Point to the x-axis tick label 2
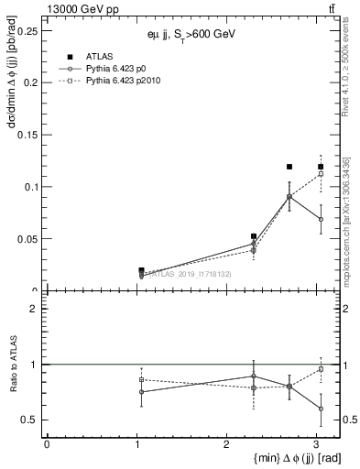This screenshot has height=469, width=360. coord(226,444)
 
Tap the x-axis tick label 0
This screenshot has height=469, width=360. coord(47,444)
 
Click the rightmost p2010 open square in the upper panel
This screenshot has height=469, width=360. coord(321,173)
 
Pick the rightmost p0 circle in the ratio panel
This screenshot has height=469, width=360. coord(321,409)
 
